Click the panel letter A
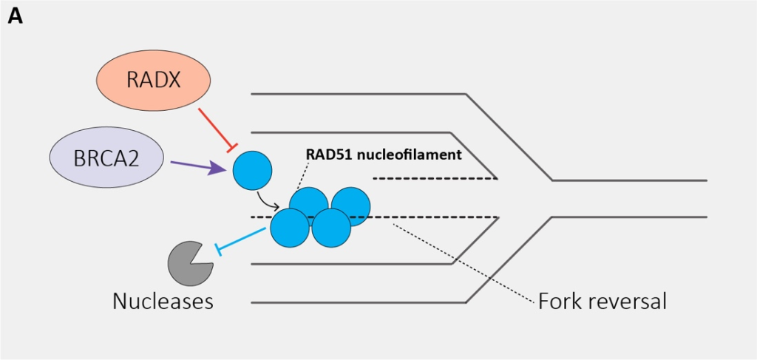click(16, 16)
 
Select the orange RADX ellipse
click(154, 80)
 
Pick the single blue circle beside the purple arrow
click(252, 169)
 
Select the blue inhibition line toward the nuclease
click(240, 240)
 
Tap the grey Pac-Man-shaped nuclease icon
click(190, 263)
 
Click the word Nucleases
click(163, 302)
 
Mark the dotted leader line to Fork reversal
click(466, 262)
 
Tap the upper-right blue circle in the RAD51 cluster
click(350, 205)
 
